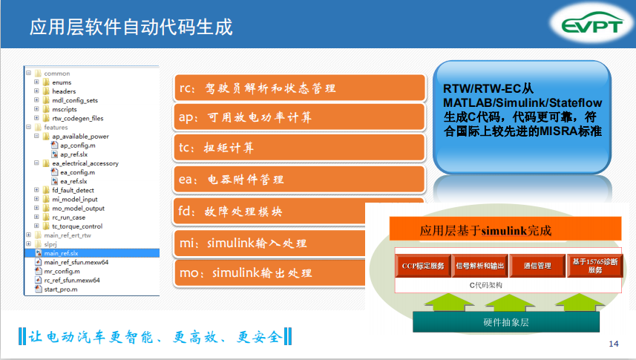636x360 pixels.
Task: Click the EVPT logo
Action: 591,24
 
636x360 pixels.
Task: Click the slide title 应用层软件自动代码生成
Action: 131,27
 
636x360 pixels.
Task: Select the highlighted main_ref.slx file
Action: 61,253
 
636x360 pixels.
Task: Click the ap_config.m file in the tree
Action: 77,145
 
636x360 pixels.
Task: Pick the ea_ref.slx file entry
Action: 73,181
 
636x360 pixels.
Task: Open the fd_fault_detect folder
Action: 73,190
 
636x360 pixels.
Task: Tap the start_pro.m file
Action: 60,289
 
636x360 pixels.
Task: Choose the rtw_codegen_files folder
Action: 77,119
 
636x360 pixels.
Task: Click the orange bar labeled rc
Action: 300,88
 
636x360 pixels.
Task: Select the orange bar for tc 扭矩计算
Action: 300,147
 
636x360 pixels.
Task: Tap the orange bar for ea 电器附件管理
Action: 300,179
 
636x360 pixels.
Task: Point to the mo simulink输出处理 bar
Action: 269,272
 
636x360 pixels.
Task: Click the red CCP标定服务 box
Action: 423,266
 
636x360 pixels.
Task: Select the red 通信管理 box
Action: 537,266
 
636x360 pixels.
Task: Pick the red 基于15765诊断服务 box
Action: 595,266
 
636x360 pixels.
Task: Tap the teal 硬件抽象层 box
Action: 506,322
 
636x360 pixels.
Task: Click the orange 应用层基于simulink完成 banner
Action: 505,229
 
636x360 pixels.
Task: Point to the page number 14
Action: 614,344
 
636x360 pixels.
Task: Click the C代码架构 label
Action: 486,285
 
